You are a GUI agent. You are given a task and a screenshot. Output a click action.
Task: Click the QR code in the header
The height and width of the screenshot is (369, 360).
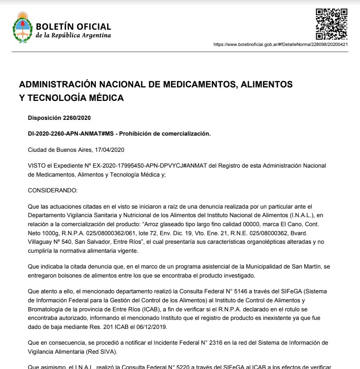point(331,24)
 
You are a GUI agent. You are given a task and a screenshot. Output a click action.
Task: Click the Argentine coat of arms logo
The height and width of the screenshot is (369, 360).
point(22,27)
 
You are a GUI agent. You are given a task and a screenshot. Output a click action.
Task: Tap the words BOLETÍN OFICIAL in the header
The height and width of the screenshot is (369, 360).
point(73,27)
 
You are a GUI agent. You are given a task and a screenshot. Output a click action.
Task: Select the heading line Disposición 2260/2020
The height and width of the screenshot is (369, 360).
point(59,118)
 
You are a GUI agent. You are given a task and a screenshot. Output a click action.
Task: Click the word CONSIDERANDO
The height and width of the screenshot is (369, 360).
point(53,191)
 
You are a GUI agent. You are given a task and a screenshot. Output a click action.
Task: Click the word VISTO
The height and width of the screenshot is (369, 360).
point(36,166)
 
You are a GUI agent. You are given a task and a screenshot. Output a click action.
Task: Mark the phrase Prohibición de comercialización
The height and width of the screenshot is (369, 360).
point(165,134)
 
